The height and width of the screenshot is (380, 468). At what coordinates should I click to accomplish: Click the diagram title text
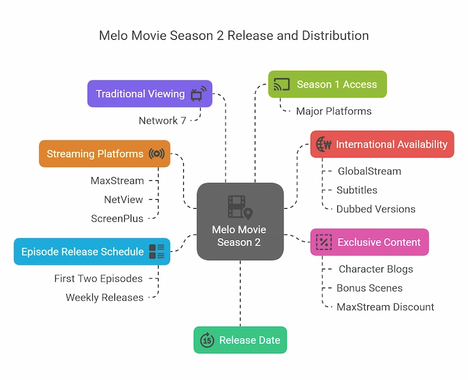[x=234, y=35]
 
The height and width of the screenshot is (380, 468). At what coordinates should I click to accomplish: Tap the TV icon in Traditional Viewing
[x=199, y=93]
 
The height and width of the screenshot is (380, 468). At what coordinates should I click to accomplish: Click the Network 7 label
[x=162, y=120]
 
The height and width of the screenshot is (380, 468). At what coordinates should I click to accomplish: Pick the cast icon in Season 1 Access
[x=281, y=85]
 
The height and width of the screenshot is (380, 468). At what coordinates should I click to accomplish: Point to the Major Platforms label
[x=333, y=111]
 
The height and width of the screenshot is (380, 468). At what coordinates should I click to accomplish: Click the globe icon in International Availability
[x=323, y=144]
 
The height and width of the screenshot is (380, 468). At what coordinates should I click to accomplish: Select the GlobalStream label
[x=369, y=171]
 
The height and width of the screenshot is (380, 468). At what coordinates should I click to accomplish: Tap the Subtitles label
[x=357, y=190]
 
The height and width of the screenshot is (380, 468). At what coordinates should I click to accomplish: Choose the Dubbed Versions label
[x=376, y=209]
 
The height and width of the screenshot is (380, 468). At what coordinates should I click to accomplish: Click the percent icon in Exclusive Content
[x=323, y=242]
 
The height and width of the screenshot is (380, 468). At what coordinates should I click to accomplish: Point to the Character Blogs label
[x=376, y=269]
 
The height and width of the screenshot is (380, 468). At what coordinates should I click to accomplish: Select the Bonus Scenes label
[x=369, y=288]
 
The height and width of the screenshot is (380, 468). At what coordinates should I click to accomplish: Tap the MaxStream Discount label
[x=385, y=306]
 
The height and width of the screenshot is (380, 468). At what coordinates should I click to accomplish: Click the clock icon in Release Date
[x=207, y=340]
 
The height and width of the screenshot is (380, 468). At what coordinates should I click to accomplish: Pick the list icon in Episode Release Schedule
[x=157, y=252]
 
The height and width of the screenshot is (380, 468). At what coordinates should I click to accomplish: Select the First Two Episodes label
[x=98, y=278]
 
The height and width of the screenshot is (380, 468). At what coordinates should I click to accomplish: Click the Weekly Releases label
[x=104, y=297]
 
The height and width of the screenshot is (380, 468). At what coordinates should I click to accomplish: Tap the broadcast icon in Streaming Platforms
[x=157, y=154]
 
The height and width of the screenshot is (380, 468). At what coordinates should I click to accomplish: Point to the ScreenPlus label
[x=117, y=219]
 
